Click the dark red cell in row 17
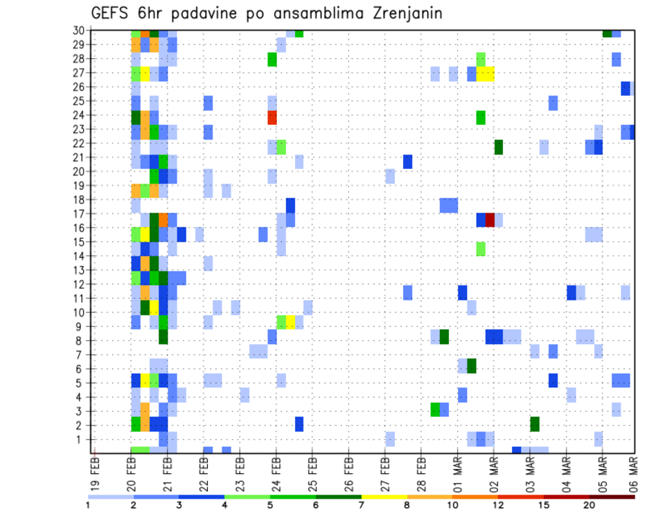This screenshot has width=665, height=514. tap(490, 220)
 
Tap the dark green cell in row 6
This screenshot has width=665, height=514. tap(472, 365)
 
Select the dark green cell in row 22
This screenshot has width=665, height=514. tap(498, 147)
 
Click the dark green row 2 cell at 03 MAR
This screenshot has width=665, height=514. tap(535, 423)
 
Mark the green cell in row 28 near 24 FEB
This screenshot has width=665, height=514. tap(272, 60)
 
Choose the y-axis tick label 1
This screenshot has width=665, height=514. tap(80, 439)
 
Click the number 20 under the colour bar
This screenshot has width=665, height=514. tap(589, 505)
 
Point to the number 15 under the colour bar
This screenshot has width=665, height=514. tap(544, 505)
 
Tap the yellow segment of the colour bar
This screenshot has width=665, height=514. tap(384, 497)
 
